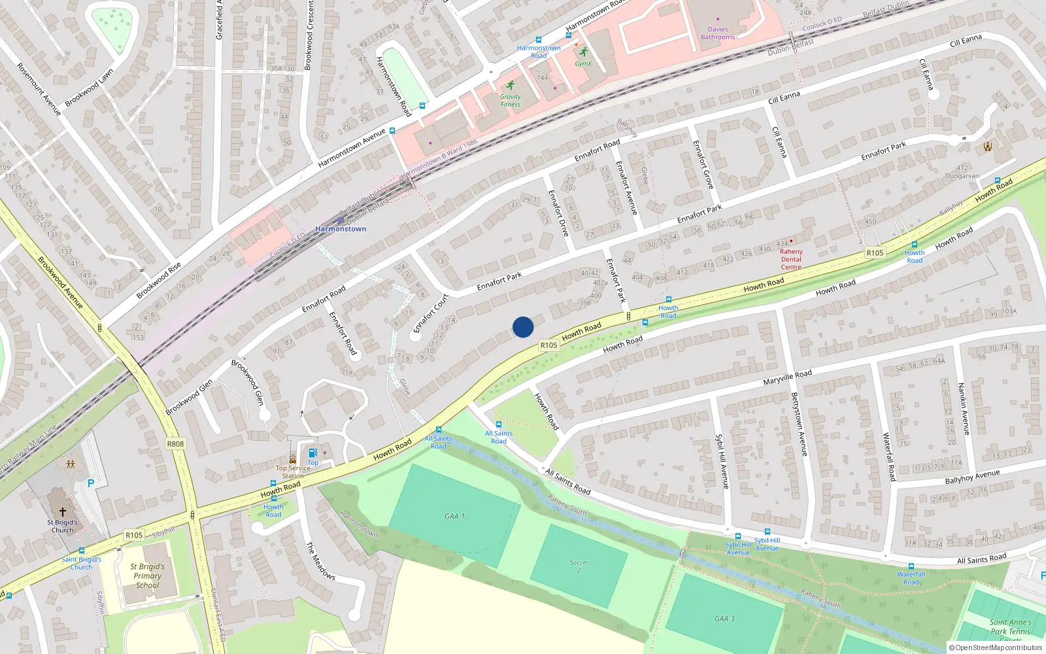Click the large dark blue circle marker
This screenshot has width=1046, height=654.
(523, 327)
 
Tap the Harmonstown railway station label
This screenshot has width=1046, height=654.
(341, 229)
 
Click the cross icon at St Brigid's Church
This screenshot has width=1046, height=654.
(63, 512)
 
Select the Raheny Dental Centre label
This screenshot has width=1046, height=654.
(791, 259)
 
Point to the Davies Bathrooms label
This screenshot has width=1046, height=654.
(718, 33)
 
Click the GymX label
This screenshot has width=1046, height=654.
(583, 64)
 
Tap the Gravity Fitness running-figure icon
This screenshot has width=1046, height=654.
(510, 86)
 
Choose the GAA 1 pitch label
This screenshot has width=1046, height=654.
(454, 517)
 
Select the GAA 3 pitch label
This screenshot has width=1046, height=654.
(724, 619)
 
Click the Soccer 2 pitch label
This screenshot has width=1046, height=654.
(579, 566)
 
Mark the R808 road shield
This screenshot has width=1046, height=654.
(175, 444)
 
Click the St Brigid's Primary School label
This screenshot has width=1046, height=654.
(148, 576)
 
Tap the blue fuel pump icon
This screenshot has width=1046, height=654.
(312, 453)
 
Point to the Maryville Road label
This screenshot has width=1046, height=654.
(787, 377)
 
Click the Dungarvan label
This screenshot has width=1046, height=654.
(962, 176)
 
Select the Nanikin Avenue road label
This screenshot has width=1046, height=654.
(964, 408)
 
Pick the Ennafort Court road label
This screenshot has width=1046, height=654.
(431, 314)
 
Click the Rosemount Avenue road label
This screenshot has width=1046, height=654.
(39, 90)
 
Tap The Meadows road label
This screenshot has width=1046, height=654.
(320, 560)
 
